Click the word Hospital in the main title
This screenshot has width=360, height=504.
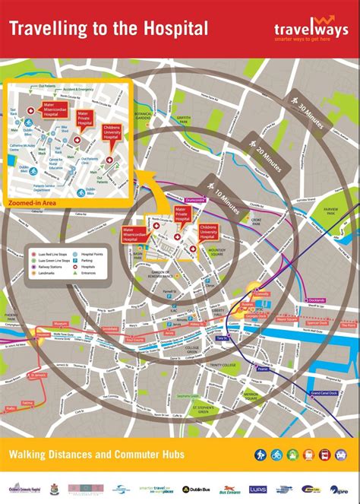(174, 28)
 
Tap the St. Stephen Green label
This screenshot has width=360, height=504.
(205, 410)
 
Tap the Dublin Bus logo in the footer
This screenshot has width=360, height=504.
(196, 490)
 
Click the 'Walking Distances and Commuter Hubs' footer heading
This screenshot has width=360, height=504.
(96, 455)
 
